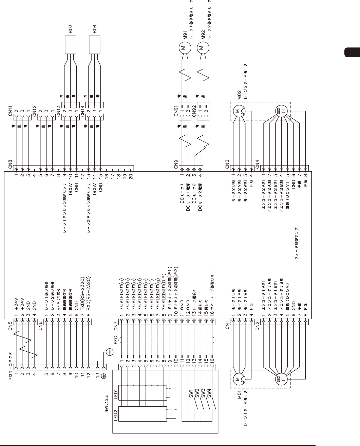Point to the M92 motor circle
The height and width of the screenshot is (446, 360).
pyautogui.click(x=203, y=47)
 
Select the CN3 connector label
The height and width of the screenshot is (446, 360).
pyautogui.click(x=228, y=164)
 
